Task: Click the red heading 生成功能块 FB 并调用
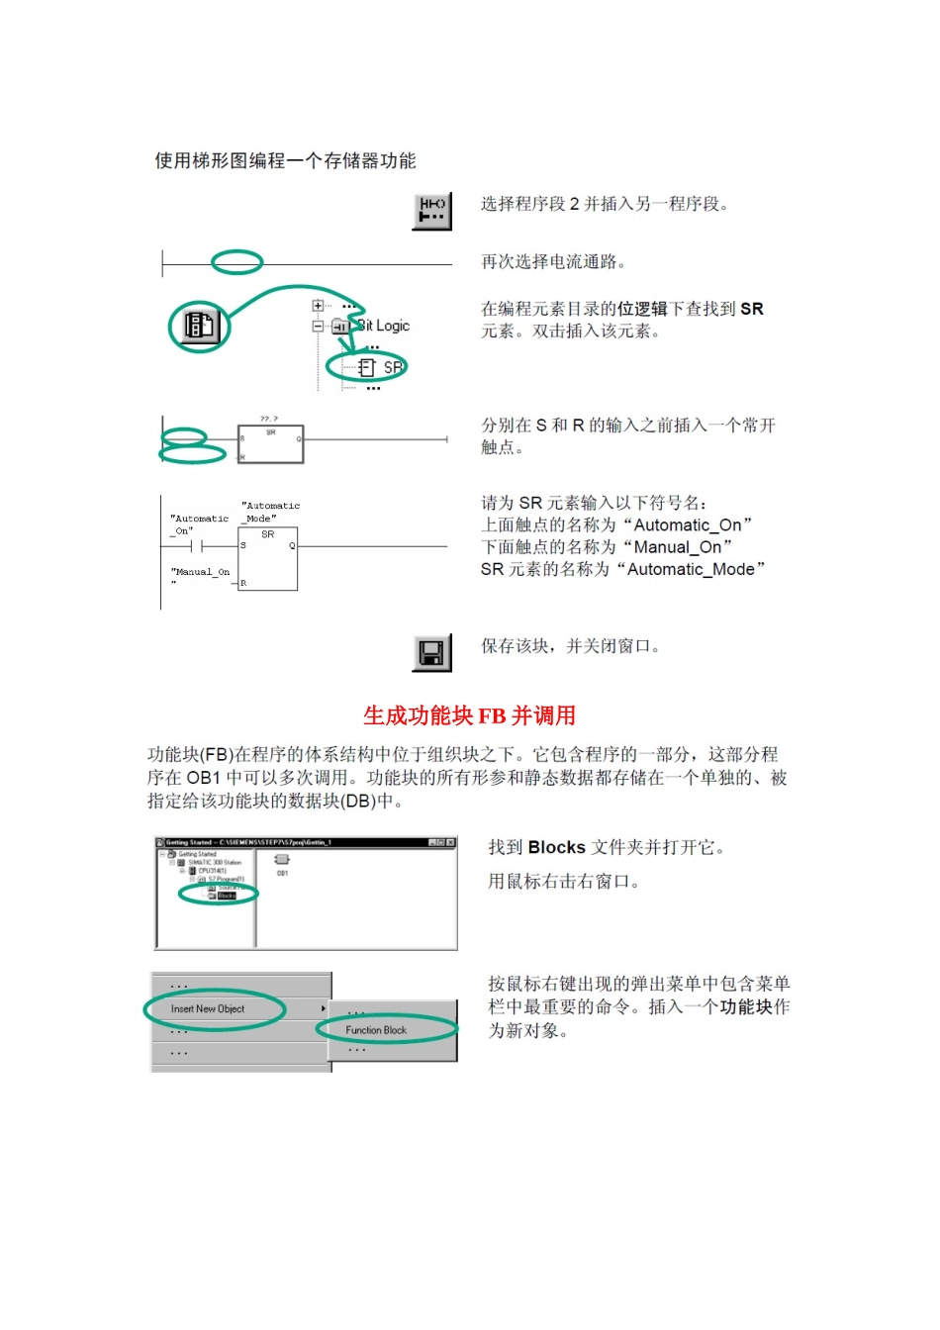coord(469,715)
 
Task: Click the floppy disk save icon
coord(431,653)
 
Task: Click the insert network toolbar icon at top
coord(432,210)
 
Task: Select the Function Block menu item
coord(376,1030)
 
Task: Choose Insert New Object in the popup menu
coord(208,1009)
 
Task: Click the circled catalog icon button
coord(199,325)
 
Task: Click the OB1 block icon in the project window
coord(282,860)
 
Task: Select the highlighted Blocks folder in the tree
coord(226,896)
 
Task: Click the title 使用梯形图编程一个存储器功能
coord(285,161)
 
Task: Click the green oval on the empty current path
coord(236,262)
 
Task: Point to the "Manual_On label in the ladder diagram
coord(200,572)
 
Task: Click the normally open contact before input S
coord(195,545)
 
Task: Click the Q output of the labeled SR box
coord(292,545)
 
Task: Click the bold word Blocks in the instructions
coord(557,848)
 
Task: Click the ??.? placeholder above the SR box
coord(269,420)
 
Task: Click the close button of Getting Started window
coord(451,842)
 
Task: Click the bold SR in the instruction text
coord(752,309)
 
